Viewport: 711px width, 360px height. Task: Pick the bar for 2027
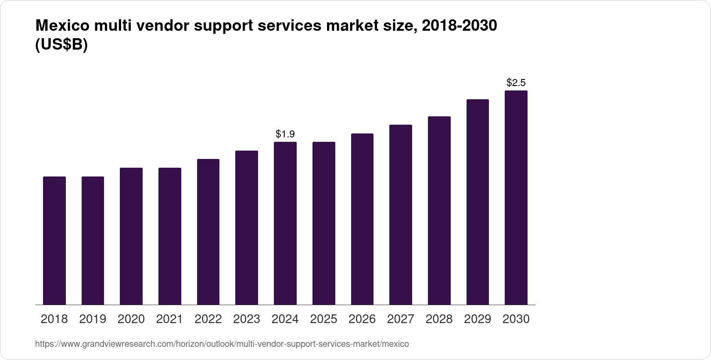click(x=401, y=215)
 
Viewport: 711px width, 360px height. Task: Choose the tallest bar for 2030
click(x=516, y=198)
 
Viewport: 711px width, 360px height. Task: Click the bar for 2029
click(x=478, y=202)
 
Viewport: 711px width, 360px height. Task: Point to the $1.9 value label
click(x=285, y=134)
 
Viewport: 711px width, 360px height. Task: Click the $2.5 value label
click(x=516, y=83)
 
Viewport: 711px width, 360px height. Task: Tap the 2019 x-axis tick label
click(x=93, y=319)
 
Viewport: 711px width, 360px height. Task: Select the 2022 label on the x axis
click(x=208, y=319)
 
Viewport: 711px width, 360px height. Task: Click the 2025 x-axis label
click(x=323, y=319)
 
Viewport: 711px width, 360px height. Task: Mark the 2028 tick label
click(x=439, y=319)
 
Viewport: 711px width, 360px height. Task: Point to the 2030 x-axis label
click(x=516, y=319)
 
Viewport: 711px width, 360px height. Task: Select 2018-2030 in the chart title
click(x=459, y=26)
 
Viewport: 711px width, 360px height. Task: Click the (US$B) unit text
click(x=61, y=45)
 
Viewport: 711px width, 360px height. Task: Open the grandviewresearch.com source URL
click(x=222, y=344)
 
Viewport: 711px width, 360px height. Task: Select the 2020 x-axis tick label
click(x=131, y=319)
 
